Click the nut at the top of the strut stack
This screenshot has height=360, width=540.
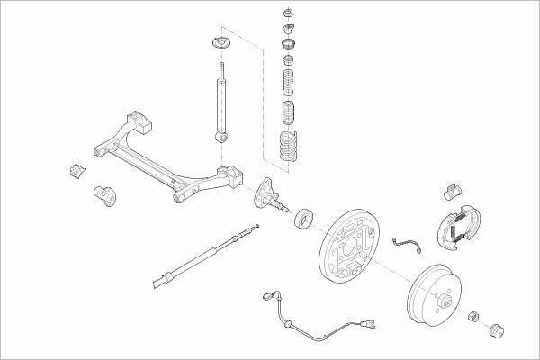288,14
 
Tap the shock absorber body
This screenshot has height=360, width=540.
218,101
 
